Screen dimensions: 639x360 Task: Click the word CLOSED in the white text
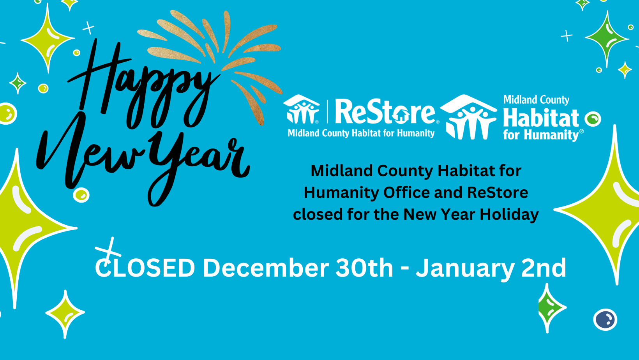(x=145, y=268)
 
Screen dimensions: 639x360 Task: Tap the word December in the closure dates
(x=266, y=268)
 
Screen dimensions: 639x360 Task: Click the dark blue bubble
(x=605, y=319)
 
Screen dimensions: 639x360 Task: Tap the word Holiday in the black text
(x=509, y=215)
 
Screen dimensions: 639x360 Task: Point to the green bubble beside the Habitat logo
(x=593, y=119)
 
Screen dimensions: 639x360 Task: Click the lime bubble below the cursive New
(x=81, y=196)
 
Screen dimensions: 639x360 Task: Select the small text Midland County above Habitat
(x=536, y=100)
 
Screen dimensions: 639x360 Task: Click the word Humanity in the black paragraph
(x=341, y=193)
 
